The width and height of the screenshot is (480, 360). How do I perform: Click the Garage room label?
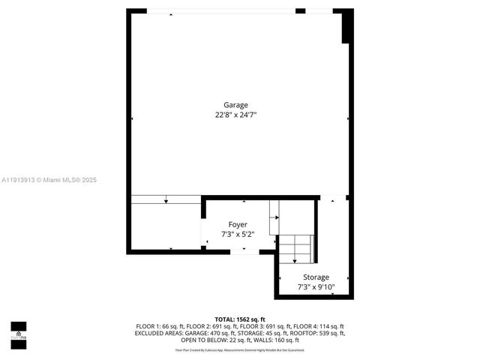click(235, 105)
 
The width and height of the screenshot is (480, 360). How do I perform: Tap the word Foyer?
click(238, 224)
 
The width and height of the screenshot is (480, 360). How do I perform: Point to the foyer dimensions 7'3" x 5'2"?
click(238, 234)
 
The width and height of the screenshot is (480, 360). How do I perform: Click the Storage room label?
click(316, 277)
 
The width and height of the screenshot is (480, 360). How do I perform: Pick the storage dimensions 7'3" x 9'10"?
click(316, 286)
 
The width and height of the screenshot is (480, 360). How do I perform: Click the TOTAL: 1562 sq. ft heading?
click(240, 319)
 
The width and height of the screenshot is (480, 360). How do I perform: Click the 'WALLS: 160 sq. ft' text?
click(274, 340)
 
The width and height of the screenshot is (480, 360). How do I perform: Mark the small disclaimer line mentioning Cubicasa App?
click(240, 349)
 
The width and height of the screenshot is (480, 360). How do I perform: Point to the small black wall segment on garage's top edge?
click(300, 11)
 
